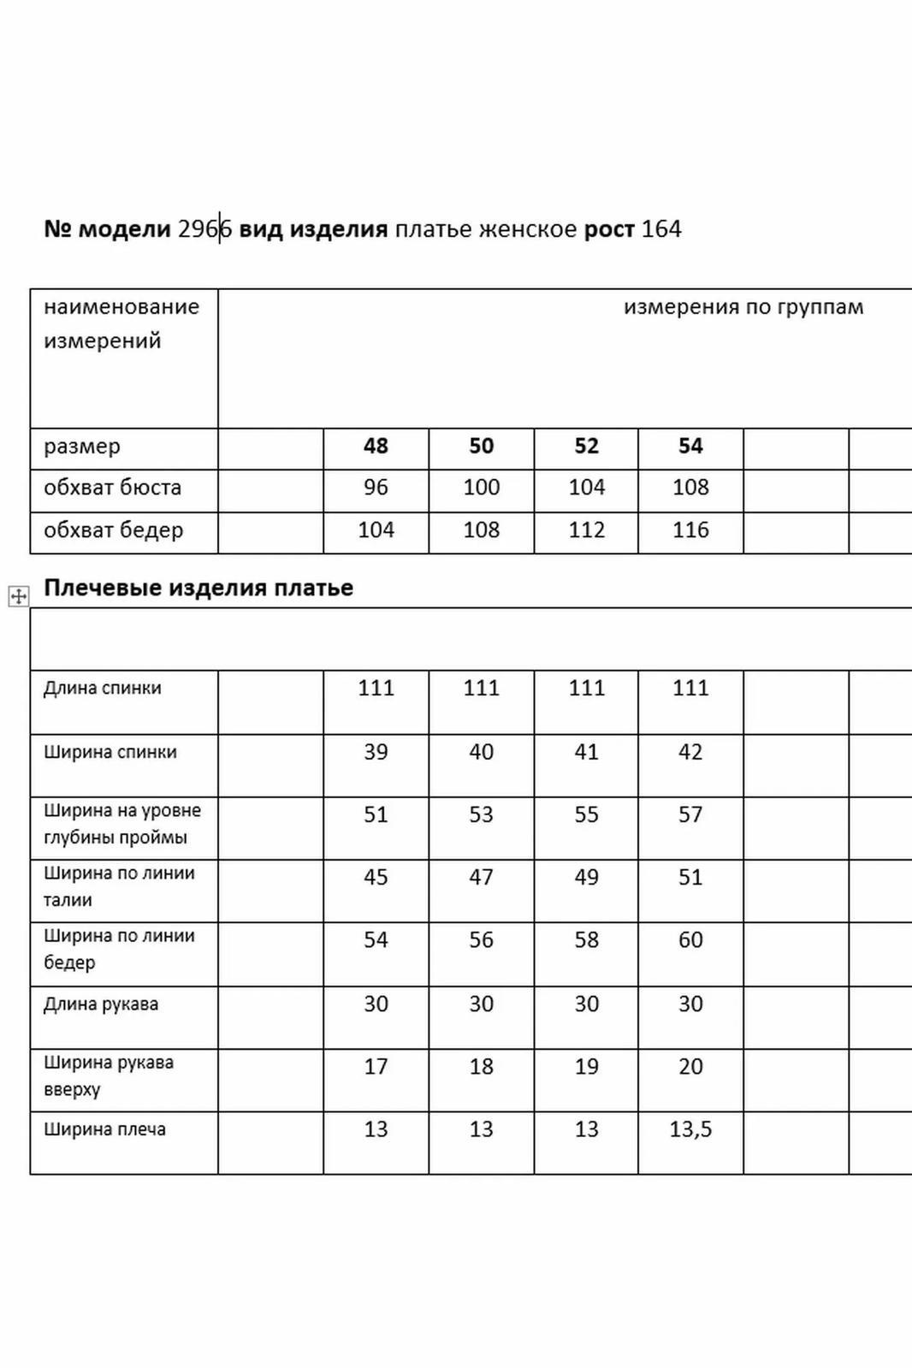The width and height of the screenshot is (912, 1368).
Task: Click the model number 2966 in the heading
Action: coord(204,229)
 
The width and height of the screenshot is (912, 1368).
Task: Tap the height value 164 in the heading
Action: coord(661,229)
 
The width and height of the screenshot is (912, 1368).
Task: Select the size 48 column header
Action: coord(376,446)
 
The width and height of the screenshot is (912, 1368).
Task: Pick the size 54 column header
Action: coord(690,446)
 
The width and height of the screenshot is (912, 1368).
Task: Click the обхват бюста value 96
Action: coord(376,488)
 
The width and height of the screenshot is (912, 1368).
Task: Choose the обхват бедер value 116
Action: coord(690,530)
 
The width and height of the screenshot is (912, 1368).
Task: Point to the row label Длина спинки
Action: coord(103,688)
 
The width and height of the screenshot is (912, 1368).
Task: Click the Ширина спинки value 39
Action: coord(376,752)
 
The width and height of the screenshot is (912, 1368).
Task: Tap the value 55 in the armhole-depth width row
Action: coord(586,814)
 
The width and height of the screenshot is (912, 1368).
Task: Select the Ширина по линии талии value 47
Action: coord(481,877)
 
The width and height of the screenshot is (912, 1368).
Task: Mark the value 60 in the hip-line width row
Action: coord(690,939)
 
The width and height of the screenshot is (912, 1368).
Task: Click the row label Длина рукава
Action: coord(101,1004)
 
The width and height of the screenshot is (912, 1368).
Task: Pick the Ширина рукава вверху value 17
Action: coord(376,1066)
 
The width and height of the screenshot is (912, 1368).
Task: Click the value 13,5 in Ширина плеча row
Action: coord(690,1129)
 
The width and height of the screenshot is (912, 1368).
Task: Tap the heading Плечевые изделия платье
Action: coord(198,588)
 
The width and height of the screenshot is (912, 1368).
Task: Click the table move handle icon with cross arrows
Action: coord(18,596)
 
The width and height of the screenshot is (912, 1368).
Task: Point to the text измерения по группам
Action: coord(743,307)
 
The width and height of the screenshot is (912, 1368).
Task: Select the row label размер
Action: coord(82,446)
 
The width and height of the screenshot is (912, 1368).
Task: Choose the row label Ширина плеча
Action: coord(104,1129)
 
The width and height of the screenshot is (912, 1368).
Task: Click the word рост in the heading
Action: coord(609,229)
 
